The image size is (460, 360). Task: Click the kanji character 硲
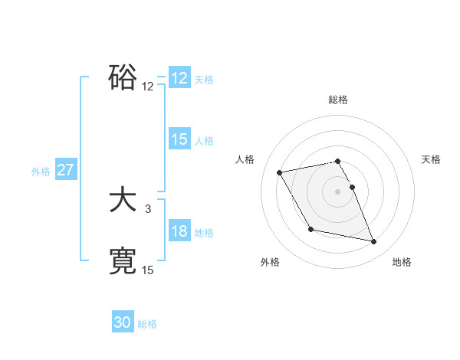(123, 77)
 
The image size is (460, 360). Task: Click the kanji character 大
(123, 201)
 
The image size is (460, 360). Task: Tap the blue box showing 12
(179, 78)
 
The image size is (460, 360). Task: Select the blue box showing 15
(179, 139)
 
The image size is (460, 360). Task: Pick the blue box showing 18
(179, 231)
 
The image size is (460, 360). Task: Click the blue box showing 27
(66, 170)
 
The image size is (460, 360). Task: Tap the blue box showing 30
(123, 322)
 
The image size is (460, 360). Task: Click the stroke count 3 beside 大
(148, 208)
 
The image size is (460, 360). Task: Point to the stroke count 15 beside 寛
(148, 270)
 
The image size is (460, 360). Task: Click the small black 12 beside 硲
(148, 86)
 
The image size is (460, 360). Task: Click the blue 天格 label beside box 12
(204, 80)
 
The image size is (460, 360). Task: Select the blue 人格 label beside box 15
(204, 141)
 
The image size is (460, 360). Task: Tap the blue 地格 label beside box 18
(204, 233)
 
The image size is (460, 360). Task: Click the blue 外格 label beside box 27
(41, 172)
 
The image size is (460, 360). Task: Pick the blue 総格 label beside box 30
(147, 324)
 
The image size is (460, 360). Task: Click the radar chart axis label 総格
(338, 100)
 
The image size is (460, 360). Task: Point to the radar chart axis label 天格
(432, 159)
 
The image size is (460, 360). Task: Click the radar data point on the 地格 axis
(374, 242)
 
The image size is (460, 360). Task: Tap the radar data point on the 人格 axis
(280, 172)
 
